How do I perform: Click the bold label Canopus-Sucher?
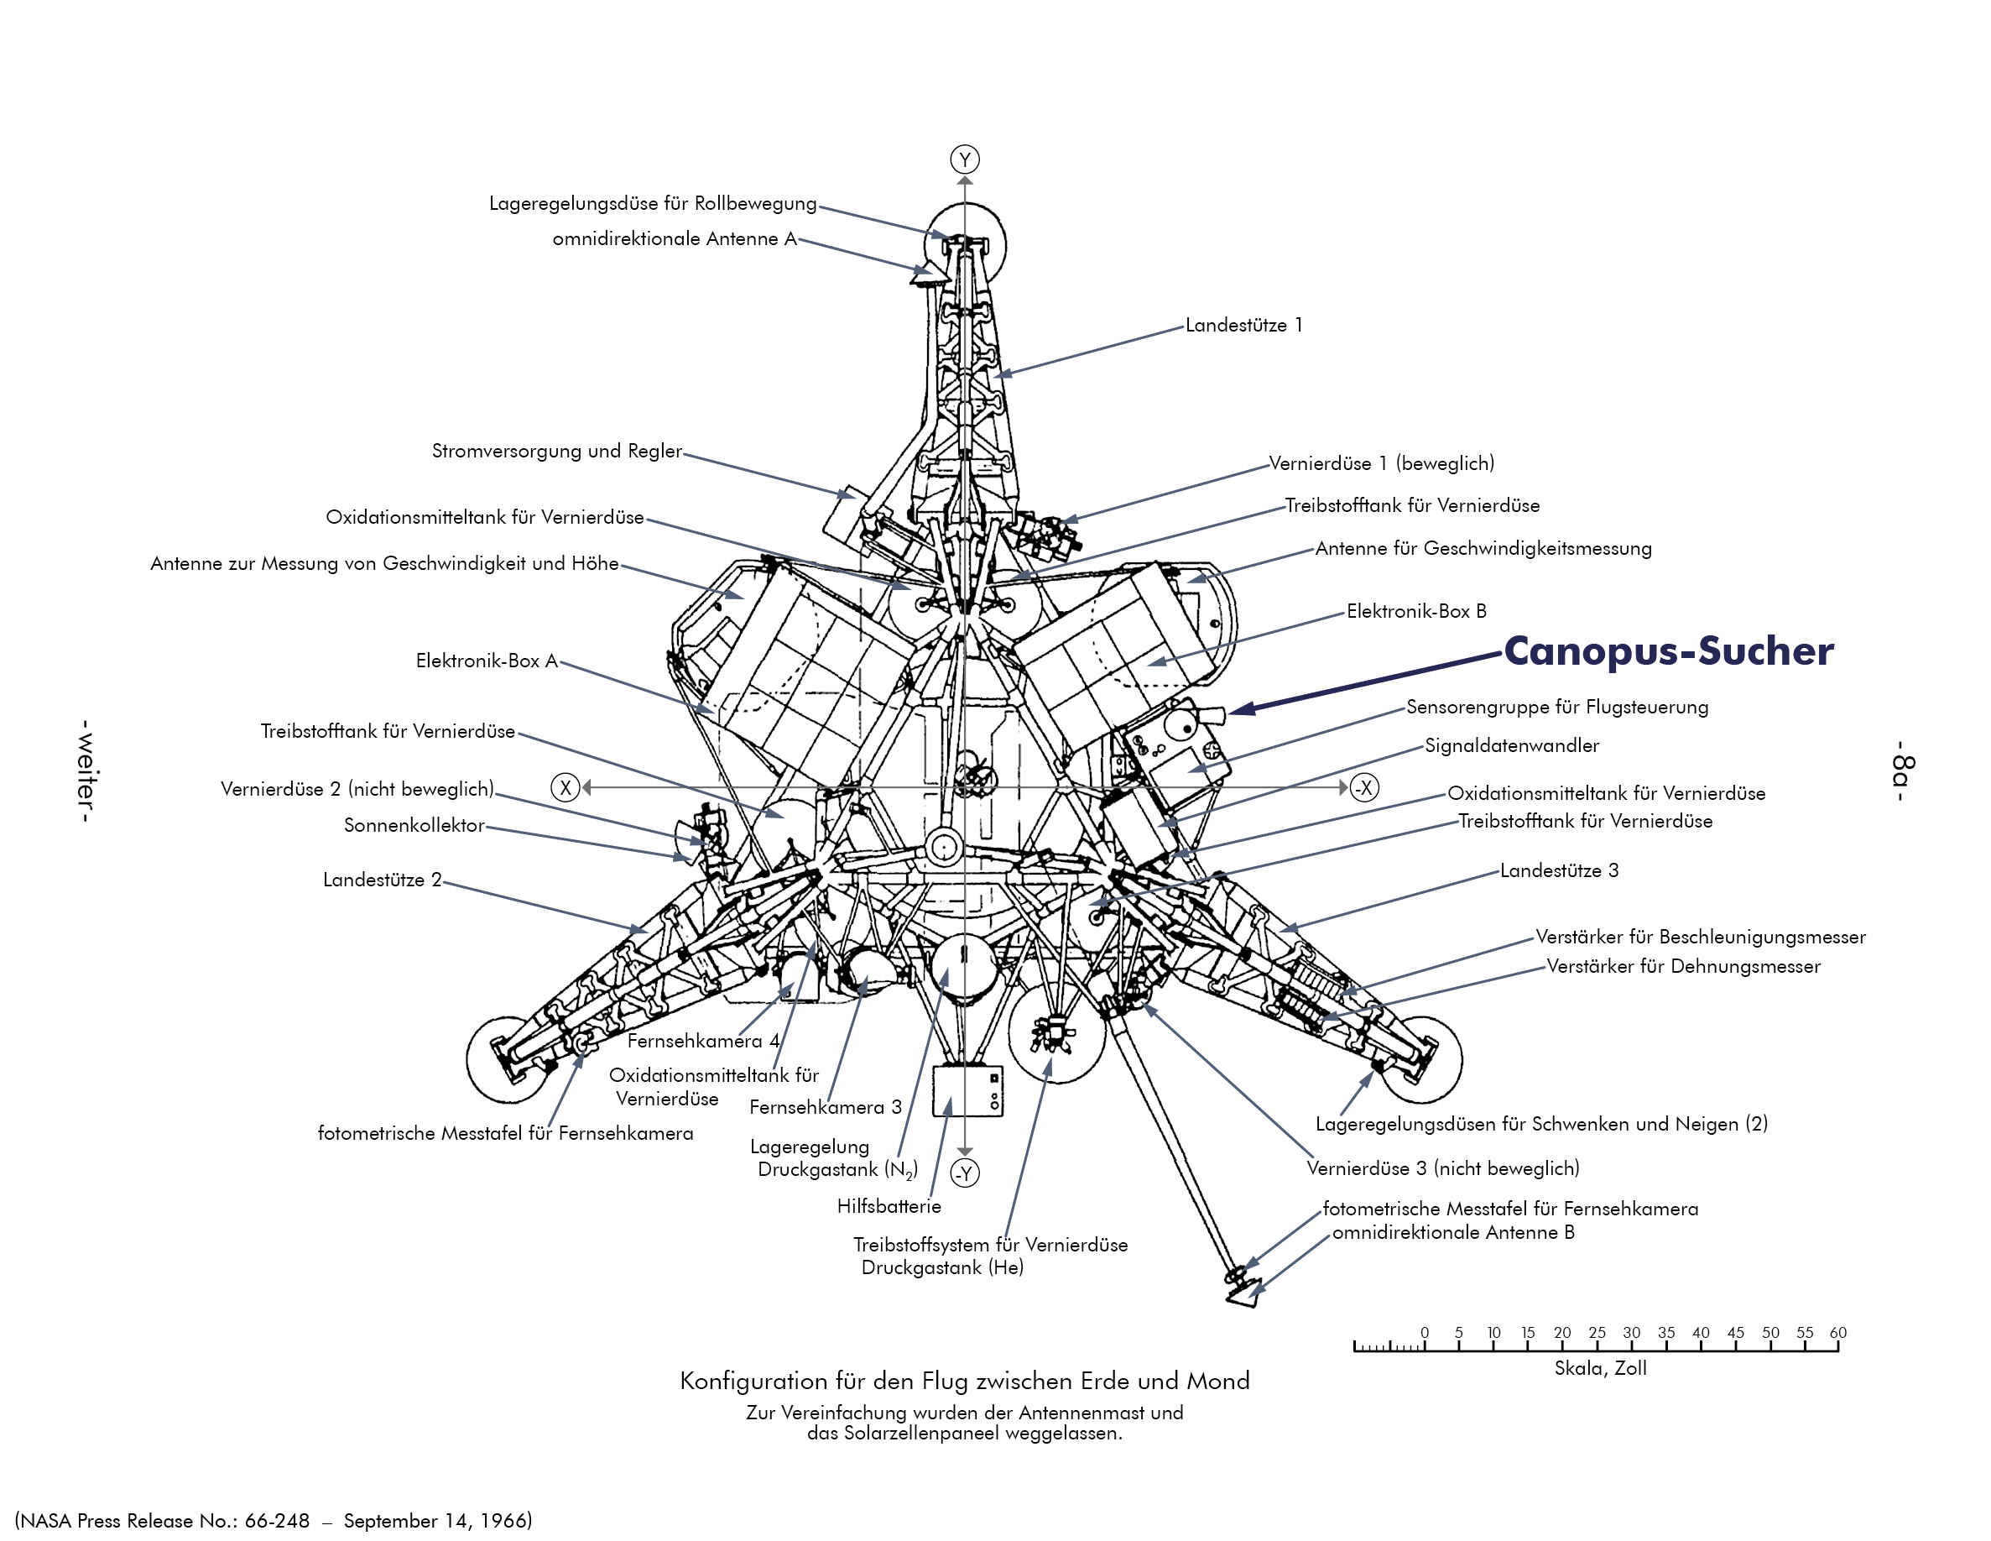(1667, 651)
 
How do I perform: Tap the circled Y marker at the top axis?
(965, 159)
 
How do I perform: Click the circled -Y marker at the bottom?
(965, 1173)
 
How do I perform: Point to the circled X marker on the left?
(566, 788)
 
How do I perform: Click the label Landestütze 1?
(1243, 326)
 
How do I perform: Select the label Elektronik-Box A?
(486, 661)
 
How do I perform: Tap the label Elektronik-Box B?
(1415, 612)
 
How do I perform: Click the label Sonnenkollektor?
(414, 825)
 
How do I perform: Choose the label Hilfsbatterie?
(889, 1206)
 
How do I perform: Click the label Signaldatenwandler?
(1511, 746)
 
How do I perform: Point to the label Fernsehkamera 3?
(825, 1108)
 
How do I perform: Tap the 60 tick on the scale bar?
(1837, 1341)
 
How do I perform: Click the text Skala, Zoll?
(1600, 1368)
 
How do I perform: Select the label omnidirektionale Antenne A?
(675, 239)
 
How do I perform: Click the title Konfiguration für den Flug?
(965, 1382)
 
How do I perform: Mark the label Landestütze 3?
(1559, 871)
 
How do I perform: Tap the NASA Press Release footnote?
(274, 1521)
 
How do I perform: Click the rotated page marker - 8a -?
(1903, 771)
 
